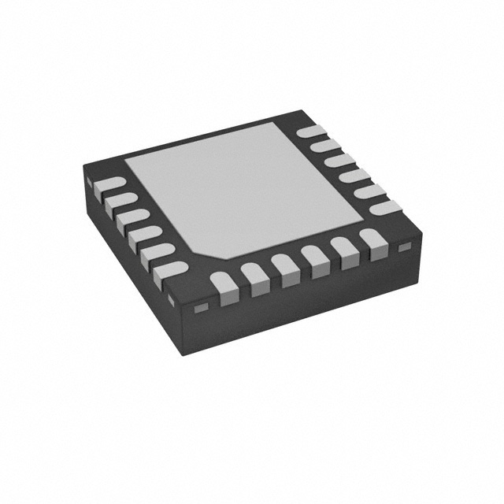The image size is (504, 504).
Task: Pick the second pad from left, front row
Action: (x=254, y=275)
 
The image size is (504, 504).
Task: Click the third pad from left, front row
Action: (x=283, y=267)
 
